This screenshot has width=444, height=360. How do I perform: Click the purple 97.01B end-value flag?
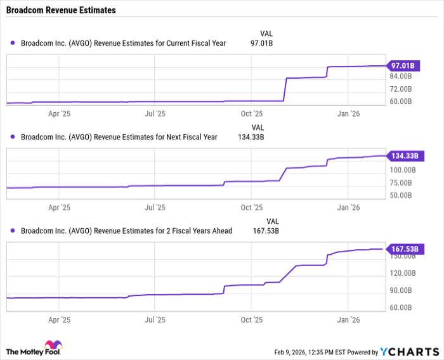click(402, 65)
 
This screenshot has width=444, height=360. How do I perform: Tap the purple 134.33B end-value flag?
click(402, 156)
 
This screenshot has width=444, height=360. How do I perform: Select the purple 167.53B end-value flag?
click(402, 249)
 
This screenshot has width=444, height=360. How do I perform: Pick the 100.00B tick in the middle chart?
click(402, 170)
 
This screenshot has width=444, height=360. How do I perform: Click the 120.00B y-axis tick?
click(402, 273)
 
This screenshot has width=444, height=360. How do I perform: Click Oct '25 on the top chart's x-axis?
click(252, 114)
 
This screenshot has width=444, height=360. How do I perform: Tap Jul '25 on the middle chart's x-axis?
click(155, 207)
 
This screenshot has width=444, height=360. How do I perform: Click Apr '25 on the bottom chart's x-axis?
click(58, 321)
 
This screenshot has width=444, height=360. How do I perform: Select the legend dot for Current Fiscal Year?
click(13, 43)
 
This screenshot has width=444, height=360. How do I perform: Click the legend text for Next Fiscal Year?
click(119, 137)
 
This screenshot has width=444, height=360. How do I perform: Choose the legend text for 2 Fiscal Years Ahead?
click(126, 231)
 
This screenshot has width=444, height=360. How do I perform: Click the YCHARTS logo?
click(409, 352)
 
